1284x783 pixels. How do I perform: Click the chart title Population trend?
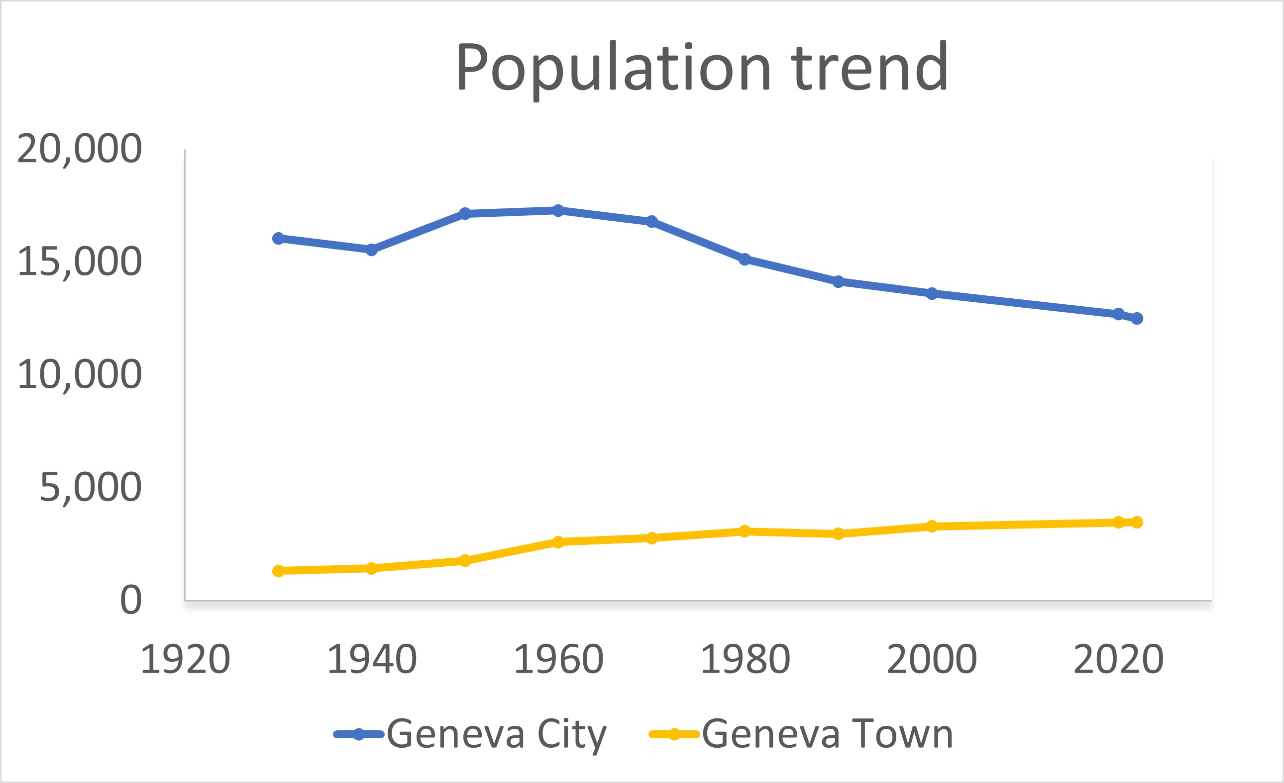point(701,68)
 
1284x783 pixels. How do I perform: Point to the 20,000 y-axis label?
point(79,150)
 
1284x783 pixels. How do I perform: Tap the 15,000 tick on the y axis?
point(79,262)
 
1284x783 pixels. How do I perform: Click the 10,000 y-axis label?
point(79,375)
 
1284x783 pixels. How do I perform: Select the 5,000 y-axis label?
point(90,488)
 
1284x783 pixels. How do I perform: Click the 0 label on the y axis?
point(131,600)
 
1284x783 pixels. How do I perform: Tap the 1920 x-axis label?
point(185,660)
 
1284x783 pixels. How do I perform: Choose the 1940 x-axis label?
point(372,660)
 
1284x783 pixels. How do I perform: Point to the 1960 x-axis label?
point(558,660)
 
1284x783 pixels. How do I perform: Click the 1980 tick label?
point(745,660)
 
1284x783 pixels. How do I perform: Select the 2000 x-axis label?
point(932,660)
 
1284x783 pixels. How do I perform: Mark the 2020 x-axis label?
point(1118,660)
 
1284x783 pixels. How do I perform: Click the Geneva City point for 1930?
point(278,239)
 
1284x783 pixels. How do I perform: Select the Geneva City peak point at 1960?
point(558,210)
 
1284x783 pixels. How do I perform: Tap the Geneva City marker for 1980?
point(745,260)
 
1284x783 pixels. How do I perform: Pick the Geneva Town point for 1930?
point(278,571)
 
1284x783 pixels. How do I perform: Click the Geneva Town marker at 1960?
point(558,542)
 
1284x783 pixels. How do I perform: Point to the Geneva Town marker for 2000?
point(932,526)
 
